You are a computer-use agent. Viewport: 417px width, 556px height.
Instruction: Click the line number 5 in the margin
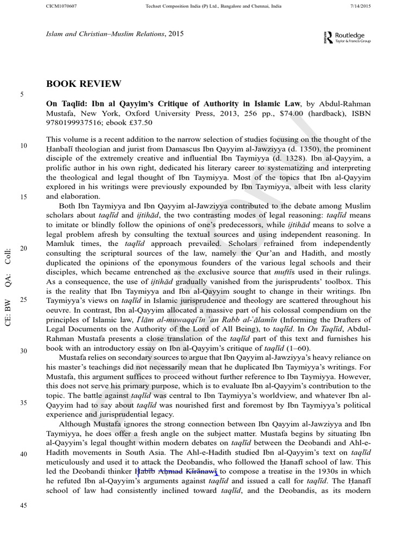[x=22, y=95]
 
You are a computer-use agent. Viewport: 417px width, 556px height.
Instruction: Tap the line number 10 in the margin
[x=23, y=146]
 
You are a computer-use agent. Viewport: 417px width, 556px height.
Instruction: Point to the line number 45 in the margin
[x=23, y=505]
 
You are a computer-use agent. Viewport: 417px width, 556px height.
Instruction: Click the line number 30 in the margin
[x=23, y=351]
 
